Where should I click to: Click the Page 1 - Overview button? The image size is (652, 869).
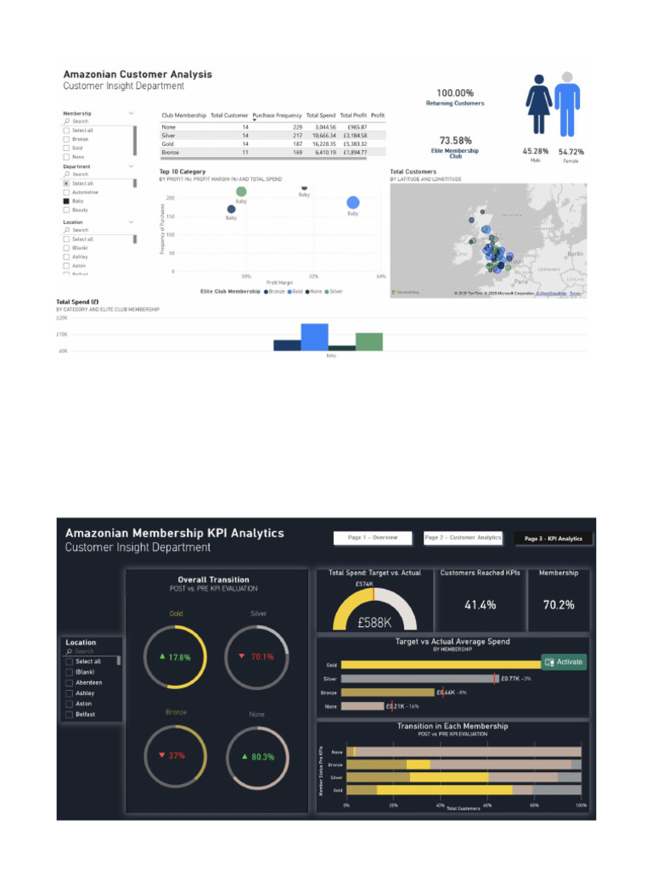[x=373, y=538]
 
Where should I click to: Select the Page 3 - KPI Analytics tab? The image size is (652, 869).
[x=553, y=538]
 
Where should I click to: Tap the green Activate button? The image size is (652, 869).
[x=565, y=662]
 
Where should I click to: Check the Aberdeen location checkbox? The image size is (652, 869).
[x=69, y=682]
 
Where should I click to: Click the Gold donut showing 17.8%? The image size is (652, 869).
[x=175, y=657]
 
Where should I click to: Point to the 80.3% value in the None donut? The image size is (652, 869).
[x=257, y=756]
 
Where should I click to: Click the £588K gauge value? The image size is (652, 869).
[x=374, y=622]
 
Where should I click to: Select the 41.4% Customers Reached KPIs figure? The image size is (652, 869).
[x=481, y=605]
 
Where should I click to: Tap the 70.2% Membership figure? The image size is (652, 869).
[x=559, y=605]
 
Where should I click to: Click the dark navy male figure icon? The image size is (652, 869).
[x=537, y=104]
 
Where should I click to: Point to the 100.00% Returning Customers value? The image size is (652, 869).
[x=455, y=93]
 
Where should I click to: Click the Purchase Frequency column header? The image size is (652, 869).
[x=277, y=115]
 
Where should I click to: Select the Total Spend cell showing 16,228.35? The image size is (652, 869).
[x=321, y=143]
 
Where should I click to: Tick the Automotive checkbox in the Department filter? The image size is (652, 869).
[x=66, y=192]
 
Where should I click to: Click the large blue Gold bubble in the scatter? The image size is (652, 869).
[x=353, y=202]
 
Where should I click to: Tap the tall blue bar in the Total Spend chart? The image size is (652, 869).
[x=314, y=337]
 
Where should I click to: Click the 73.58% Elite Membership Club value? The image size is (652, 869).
[x=455, y=140]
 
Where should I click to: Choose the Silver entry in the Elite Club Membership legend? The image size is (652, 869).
[x=334, y=291]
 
